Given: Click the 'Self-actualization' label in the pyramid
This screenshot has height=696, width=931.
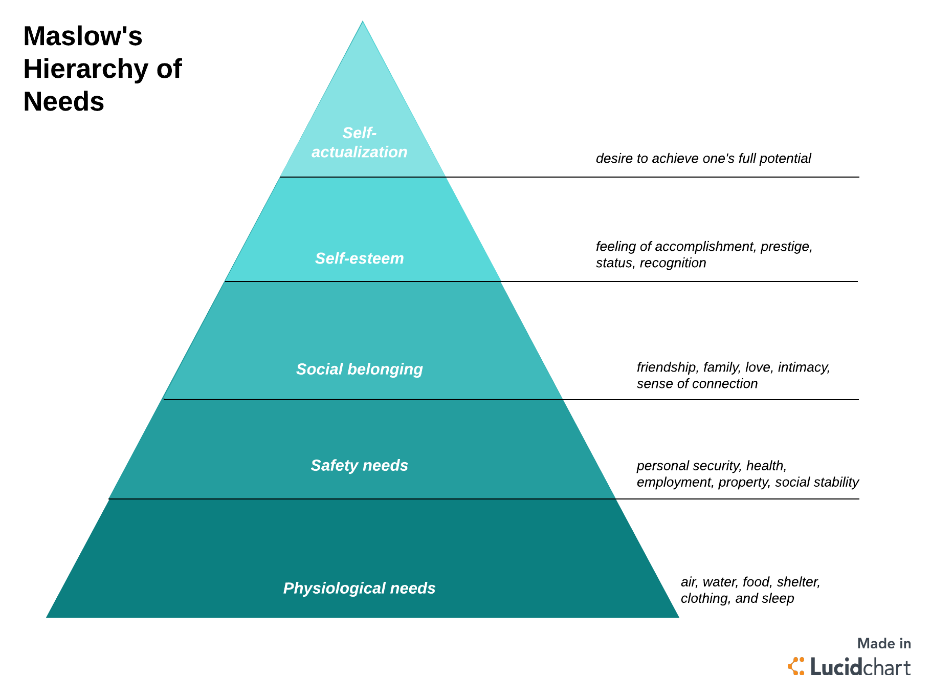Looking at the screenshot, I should [x=359, y=143].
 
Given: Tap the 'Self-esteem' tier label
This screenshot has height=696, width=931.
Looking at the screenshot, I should [x=359, y=258].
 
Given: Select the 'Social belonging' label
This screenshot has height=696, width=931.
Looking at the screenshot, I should [x=359, y=369].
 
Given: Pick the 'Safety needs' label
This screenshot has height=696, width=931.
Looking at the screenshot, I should [x=359, y=465].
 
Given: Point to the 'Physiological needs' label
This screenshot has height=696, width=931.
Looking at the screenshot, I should [x=359, y=588].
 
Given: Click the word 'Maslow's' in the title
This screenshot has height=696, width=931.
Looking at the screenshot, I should [x=83, y=36].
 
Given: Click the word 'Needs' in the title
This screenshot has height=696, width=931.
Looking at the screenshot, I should [x=64, y=101].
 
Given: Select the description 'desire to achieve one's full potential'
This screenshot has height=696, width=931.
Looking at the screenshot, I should [x=703, y=159].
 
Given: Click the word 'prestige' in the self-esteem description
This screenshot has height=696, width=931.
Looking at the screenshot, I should [x=786, y=247].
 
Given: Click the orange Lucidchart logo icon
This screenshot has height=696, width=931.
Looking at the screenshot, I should [x=796, y=666].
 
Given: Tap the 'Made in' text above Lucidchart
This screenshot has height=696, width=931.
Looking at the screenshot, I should [x=884, y=643].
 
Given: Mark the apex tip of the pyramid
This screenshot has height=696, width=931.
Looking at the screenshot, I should [x=363, y=23].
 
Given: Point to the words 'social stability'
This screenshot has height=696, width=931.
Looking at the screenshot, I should [x=816, y=482].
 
